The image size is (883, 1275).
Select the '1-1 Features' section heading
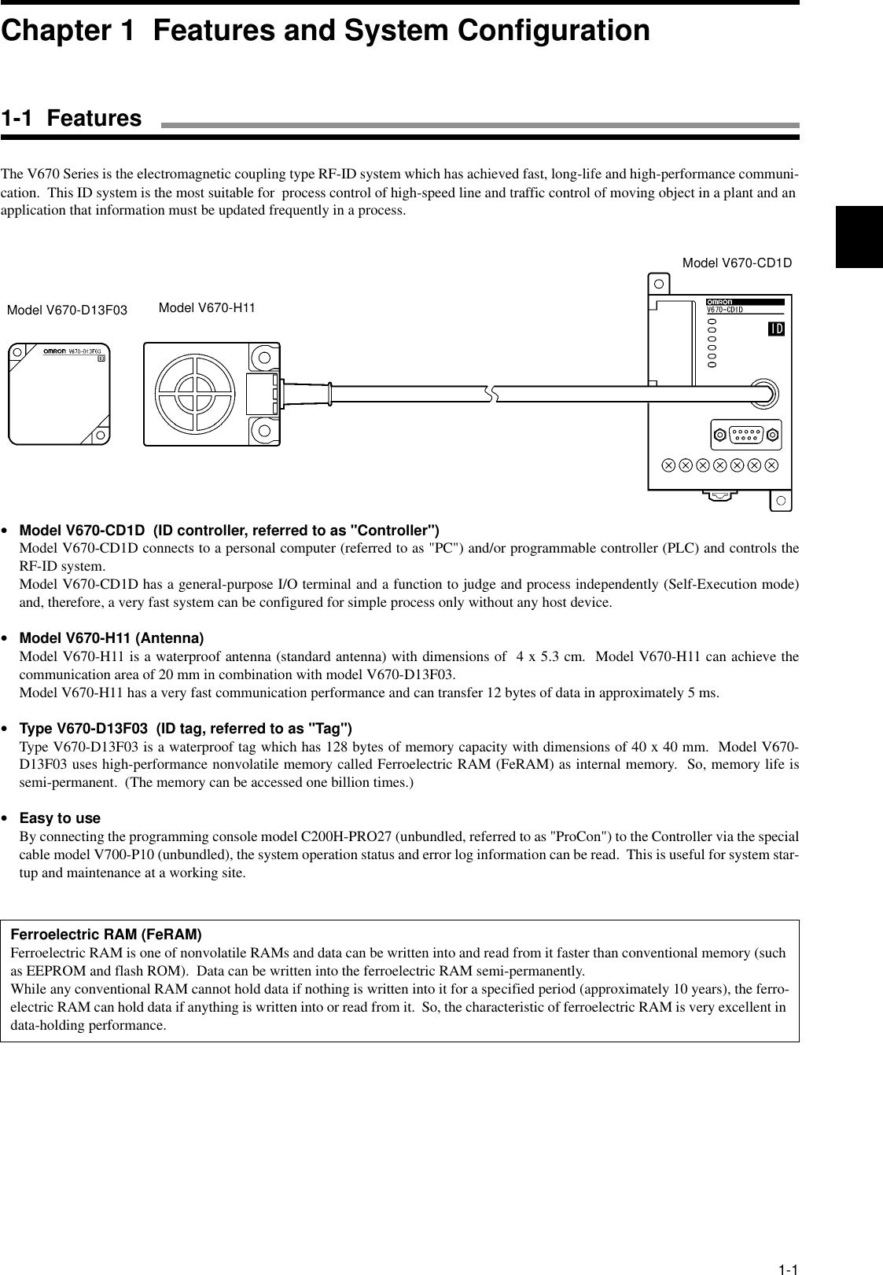point(72,119)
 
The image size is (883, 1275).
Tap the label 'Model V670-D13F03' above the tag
point(67,310)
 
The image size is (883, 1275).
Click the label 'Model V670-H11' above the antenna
point(207,307)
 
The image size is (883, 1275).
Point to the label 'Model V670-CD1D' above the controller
point(736,263)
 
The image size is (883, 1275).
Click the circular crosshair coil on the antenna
point(195,393)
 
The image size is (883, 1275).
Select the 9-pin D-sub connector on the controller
point(744,433)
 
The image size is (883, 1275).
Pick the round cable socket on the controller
point(763,392)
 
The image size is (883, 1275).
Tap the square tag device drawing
point(60,393)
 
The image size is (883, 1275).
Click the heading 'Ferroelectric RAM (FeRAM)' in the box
point(106,935)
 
